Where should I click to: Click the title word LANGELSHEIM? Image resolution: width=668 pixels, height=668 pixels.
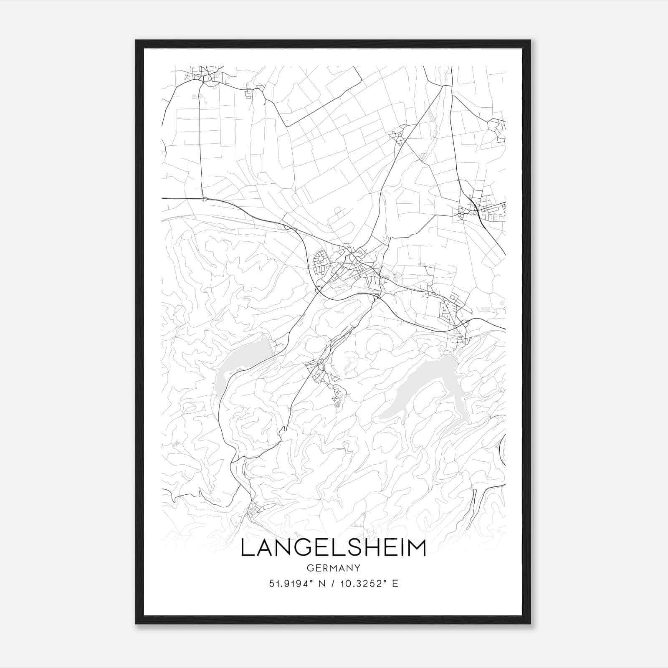[333, 548]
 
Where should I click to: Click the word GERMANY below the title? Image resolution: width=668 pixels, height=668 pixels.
[333, 568]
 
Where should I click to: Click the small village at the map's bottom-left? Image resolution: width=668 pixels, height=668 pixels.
[255, 509]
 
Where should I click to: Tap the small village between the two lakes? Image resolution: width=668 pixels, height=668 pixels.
[321, 372]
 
